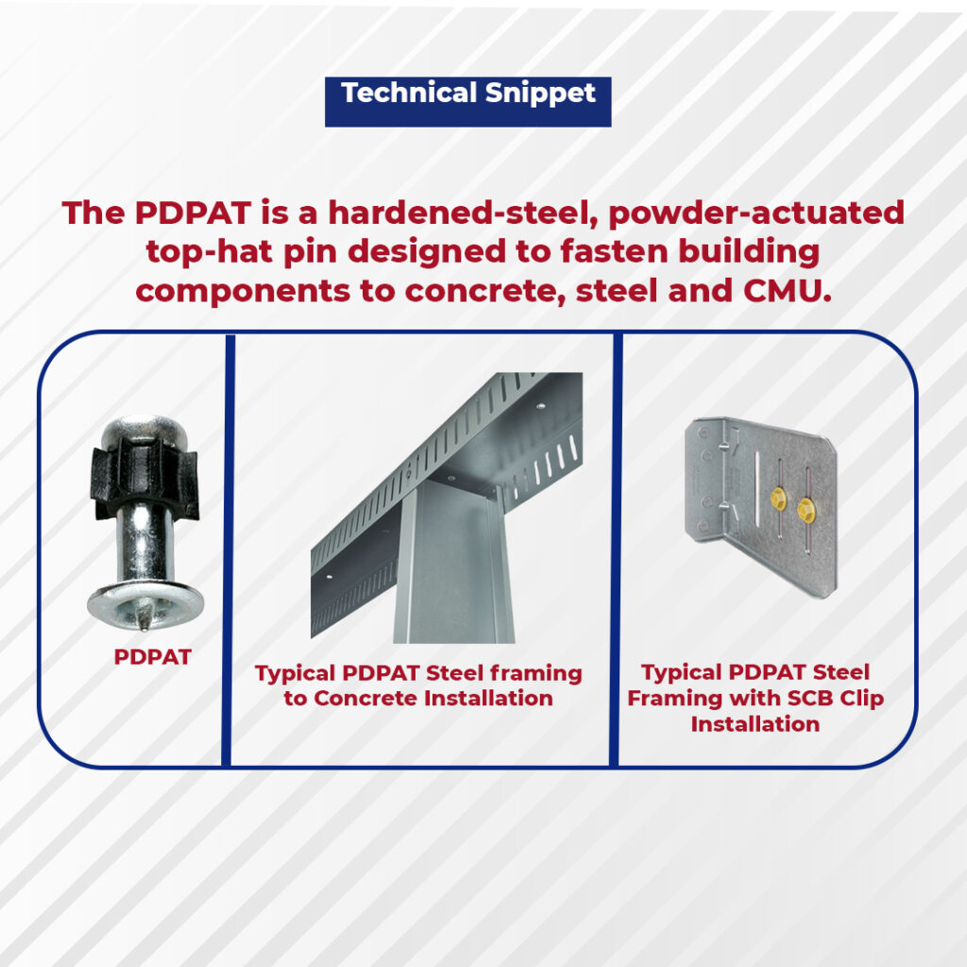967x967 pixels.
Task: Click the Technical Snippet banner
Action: point(468,102)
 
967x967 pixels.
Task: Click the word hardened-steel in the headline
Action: point(464,212)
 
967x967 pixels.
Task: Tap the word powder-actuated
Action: point(756,213)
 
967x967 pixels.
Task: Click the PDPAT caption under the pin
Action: point(152,657)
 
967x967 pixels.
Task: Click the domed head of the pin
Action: point(145,430)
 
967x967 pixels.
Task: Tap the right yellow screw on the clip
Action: point(806,510)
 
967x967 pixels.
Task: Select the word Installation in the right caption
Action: point(755,724)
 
